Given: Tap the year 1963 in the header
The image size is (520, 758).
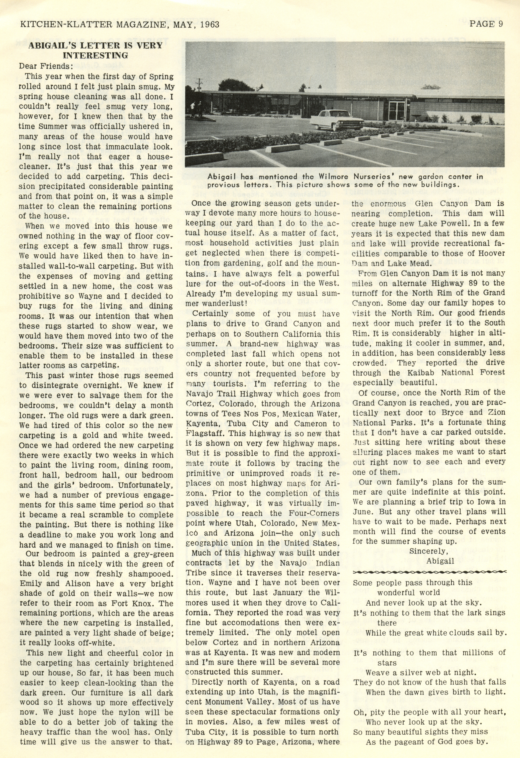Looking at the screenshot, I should (x=208, y=24).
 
